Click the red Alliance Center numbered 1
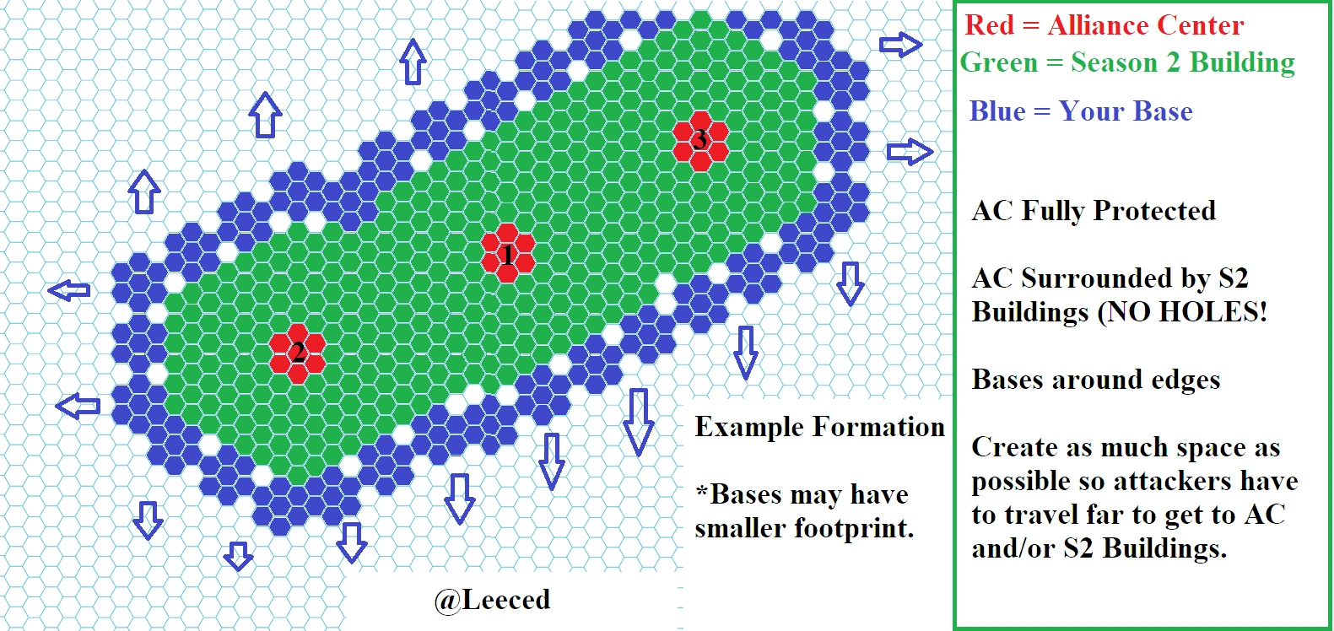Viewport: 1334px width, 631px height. [507, 254]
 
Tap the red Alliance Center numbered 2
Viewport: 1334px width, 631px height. [297, 350]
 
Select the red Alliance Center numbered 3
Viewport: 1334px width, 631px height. [700, 139]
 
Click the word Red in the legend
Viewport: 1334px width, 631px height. [989, 25]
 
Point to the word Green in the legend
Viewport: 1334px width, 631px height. [998, 62]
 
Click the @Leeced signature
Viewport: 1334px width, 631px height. [492, 600]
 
